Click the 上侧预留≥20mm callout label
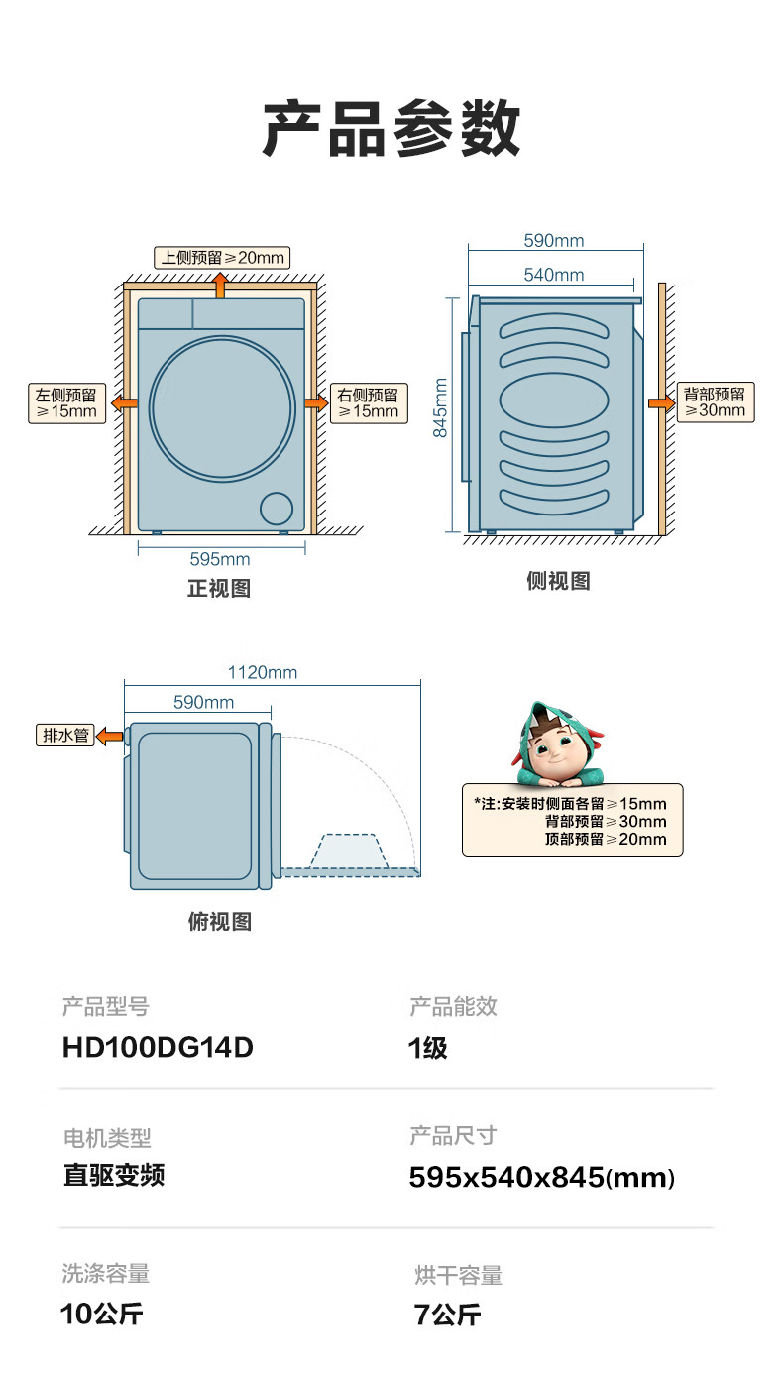(x=222, y=258)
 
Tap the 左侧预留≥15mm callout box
(x=66, y=403)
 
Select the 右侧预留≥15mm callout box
(x=369, y=403)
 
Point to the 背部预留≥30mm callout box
(x=716, y=402)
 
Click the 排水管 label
(x=65, y=735)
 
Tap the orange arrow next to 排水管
(x=110, y=736)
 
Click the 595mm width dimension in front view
(x=220, y=559)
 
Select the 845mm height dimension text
(x=440, y=407)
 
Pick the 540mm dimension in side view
(x=554, y=275)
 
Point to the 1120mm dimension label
(x=263, y=672)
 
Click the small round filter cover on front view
(x=277, y=509)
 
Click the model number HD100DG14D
(x=158, y=1048)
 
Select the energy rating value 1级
(x=427, y=1048)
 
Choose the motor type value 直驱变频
(x=114, y=1175)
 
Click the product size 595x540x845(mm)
(x=541, y=1178)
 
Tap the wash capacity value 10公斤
(x=102, y=1315)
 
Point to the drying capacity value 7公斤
(x=447, y=1315)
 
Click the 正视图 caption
(x=219, y=589)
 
